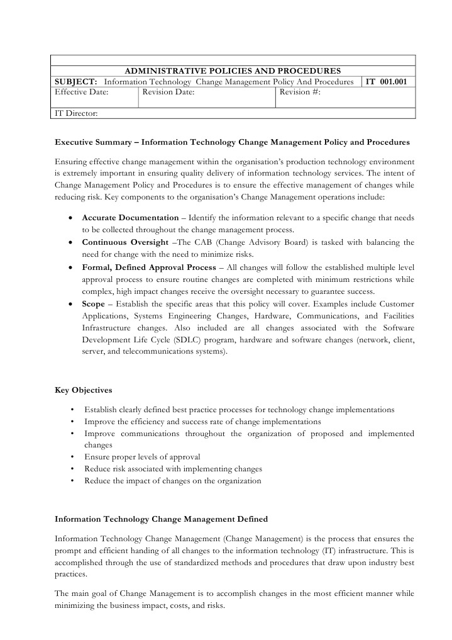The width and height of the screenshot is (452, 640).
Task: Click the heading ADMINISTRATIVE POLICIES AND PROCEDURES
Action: coord(233,71)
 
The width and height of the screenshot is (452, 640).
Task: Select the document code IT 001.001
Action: coord(390,82)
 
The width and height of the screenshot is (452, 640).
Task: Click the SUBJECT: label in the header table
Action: coord(75,82)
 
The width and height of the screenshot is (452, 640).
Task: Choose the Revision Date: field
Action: coord(168,92)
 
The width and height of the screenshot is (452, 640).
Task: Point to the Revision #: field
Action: coord(300,92)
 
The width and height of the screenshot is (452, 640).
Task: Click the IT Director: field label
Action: coord(76,113)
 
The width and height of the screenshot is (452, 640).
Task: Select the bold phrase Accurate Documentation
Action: coord(131,217)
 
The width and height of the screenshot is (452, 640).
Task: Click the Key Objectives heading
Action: coord(84,390)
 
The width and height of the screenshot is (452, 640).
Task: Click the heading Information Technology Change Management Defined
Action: coord(161,519)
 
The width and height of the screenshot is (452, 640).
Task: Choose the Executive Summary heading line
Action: coord(232,142)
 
